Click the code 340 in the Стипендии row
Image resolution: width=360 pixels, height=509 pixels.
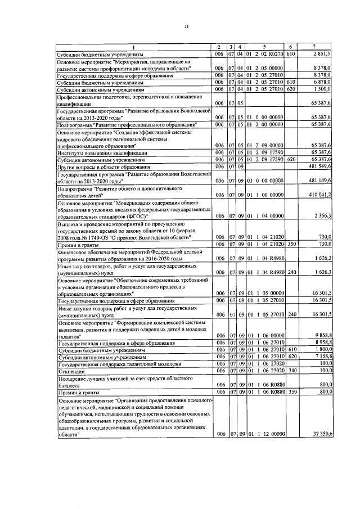click(x=290, y=371)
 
